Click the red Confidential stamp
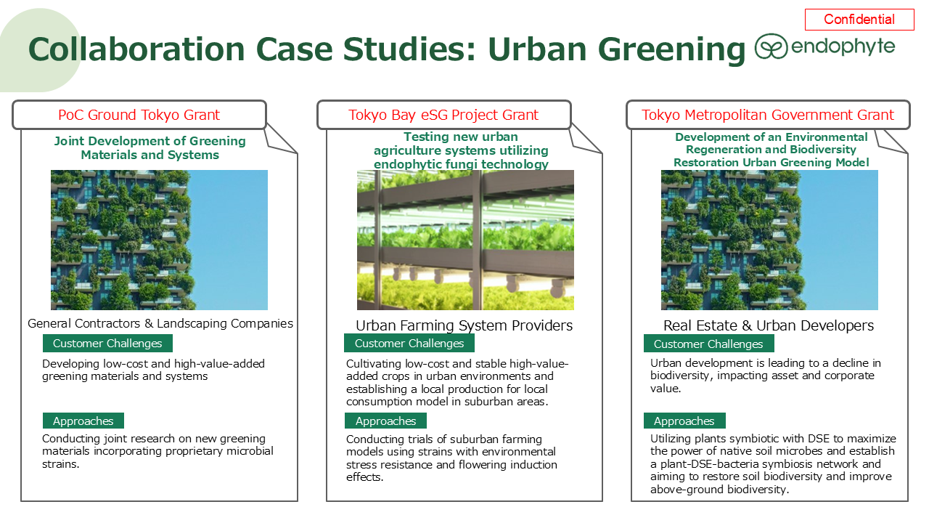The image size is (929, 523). [x=859, y=20]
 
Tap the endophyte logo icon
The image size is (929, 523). [x=771, y=46]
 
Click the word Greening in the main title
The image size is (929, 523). [x=671, y=50]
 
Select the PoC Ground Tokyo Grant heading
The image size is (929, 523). [x=139, y=115]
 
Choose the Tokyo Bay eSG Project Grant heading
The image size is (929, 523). [x=443, y=115]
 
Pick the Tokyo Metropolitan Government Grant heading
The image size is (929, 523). [x=768, y=115]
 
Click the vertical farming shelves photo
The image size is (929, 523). [x=465, y=240]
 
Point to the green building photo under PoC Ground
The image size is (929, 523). [x=159, y=240]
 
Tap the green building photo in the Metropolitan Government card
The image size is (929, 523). [x=769, y=240]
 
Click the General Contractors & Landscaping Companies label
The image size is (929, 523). [x=160, y=323]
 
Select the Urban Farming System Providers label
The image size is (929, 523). [x=464, y=326]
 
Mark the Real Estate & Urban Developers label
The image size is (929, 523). [x=769, y=326]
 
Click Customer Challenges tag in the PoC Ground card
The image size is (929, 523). [x=107, y=344]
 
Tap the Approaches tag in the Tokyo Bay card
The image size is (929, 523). [x=385, y=421]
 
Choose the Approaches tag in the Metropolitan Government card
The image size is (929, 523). [x=684, y=421]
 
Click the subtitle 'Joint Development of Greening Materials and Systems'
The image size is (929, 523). [x=150, y=147]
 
